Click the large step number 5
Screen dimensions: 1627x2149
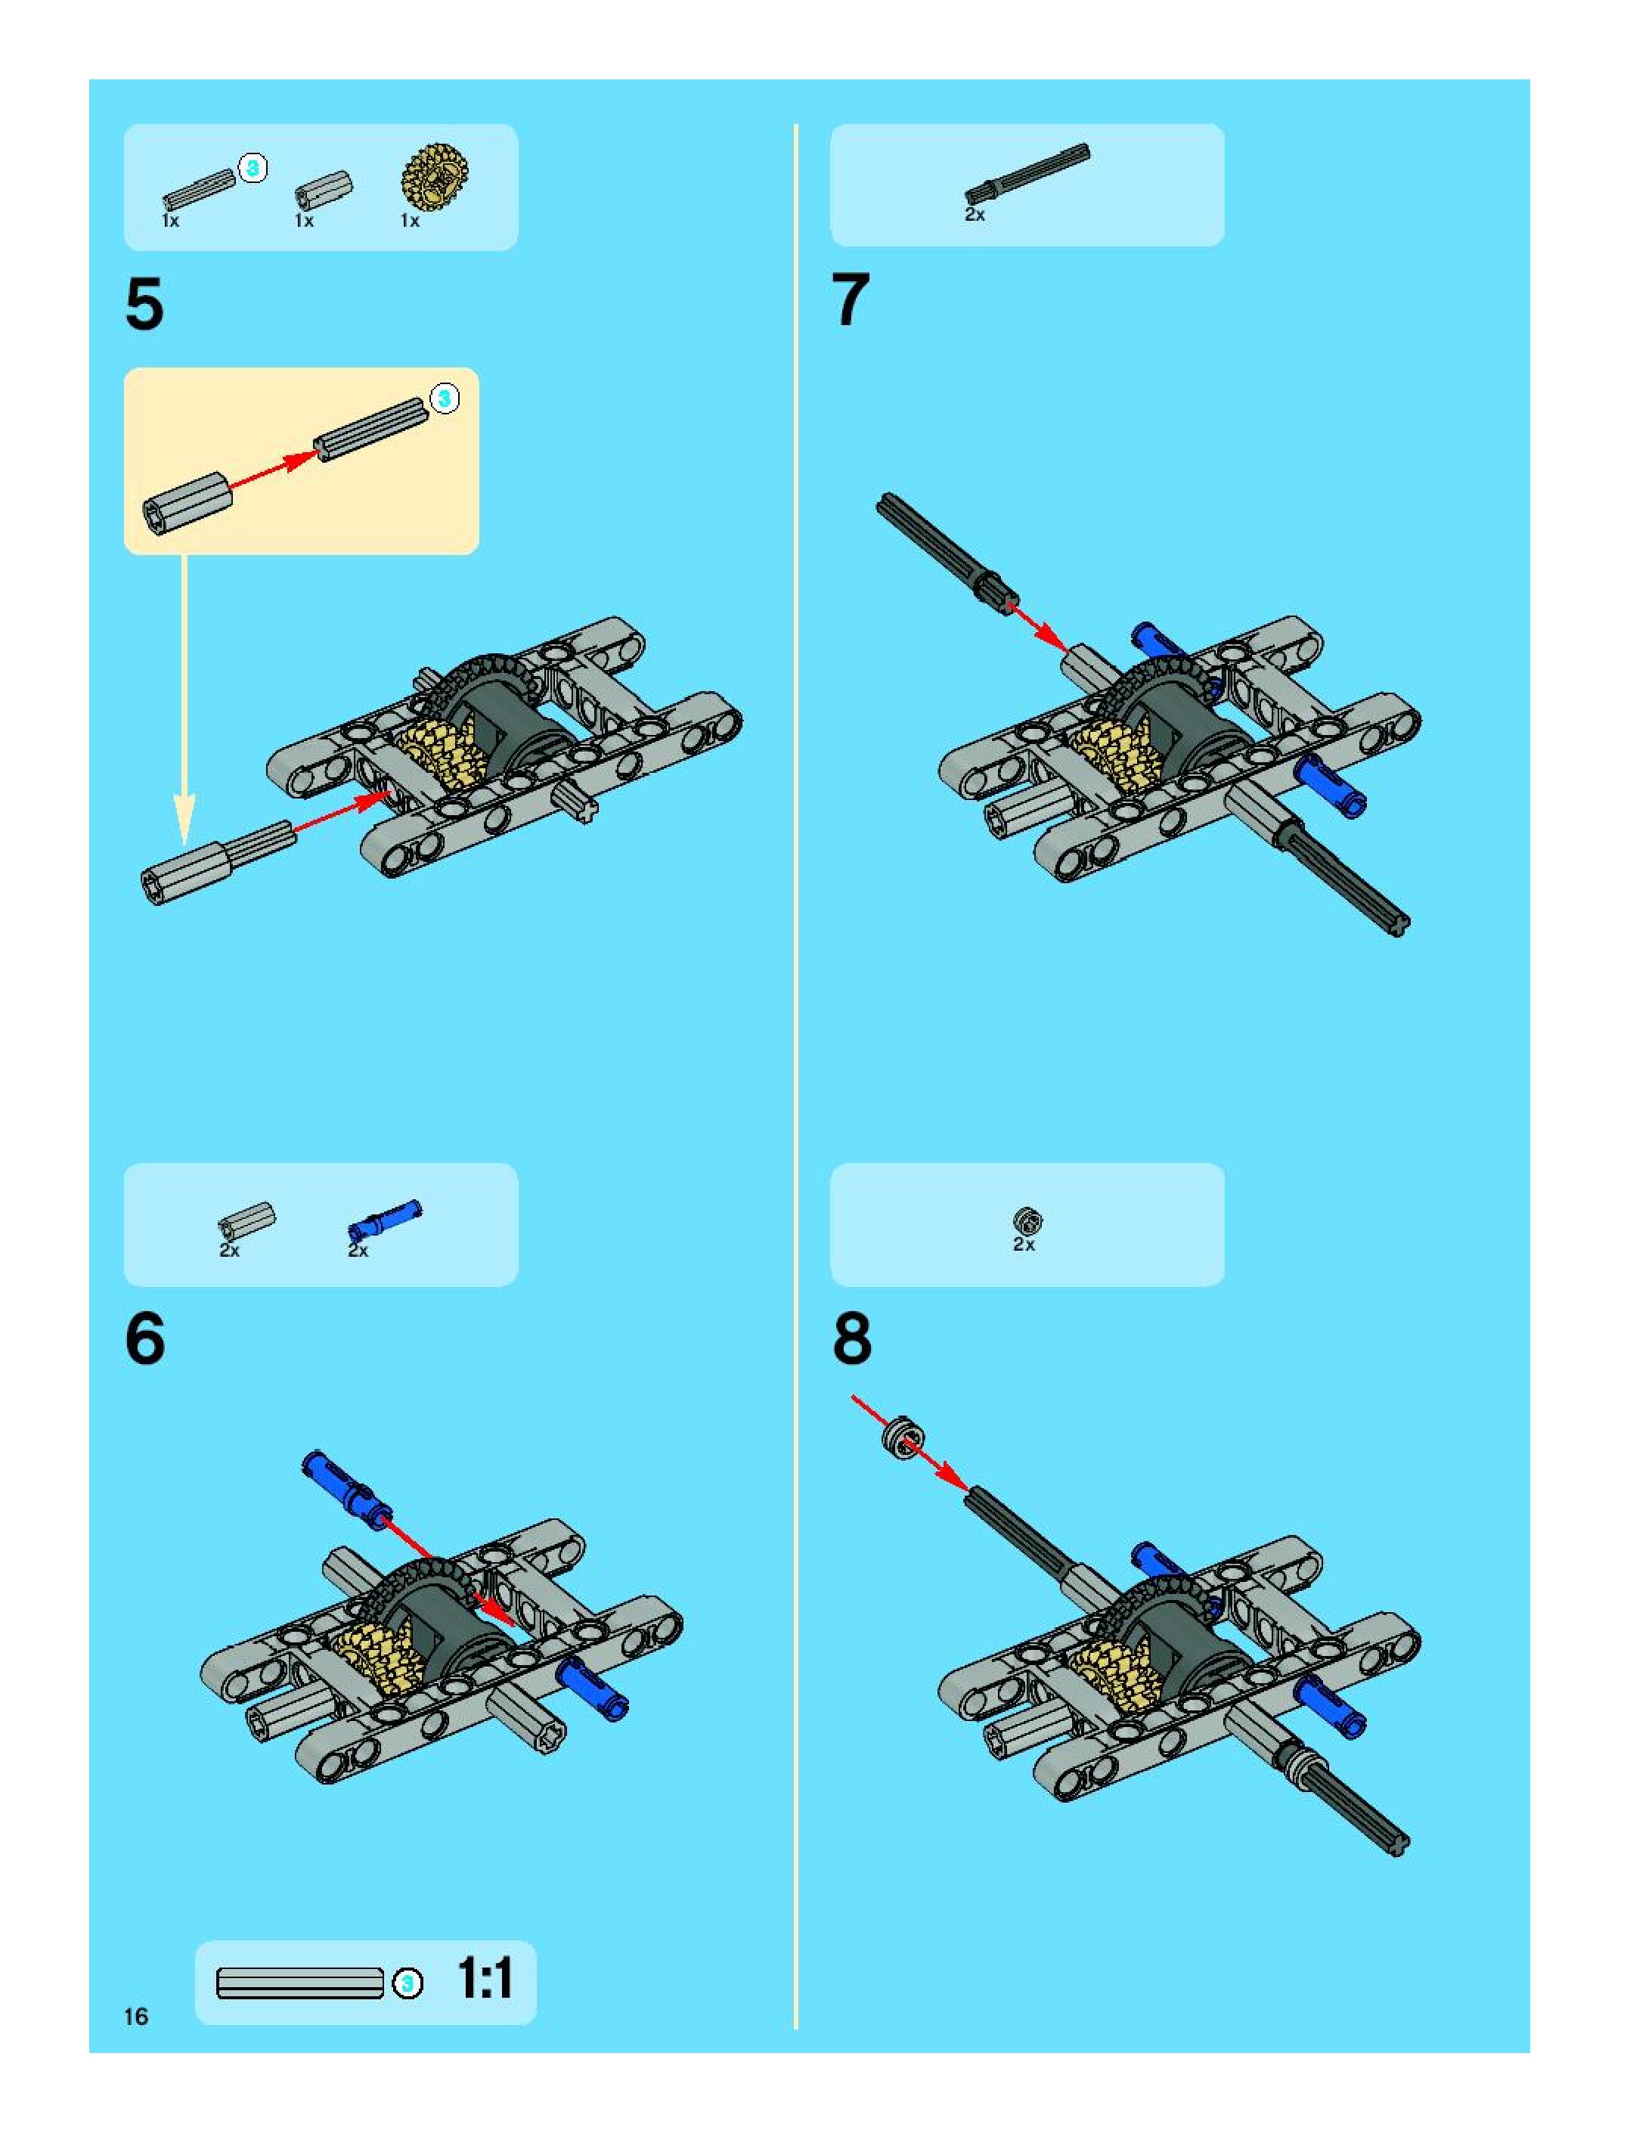coord(144,305)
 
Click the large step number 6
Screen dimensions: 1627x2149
coord(146,1338)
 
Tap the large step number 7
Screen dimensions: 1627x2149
coord(851,300)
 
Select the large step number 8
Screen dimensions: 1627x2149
coord(852,1338)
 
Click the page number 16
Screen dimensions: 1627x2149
coord(136,2017)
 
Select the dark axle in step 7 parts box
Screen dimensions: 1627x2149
coord(1027,174)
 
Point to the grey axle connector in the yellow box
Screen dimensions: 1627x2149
coord(187,501)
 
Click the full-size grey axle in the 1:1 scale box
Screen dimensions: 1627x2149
coord(300,1983)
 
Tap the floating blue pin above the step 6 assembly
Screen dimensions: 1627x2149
coord(347,1490)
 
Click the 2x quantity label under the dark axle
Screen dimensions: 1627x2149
coord(975,215)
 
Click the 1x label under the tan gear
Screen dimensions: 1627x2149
coord(410,222)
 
